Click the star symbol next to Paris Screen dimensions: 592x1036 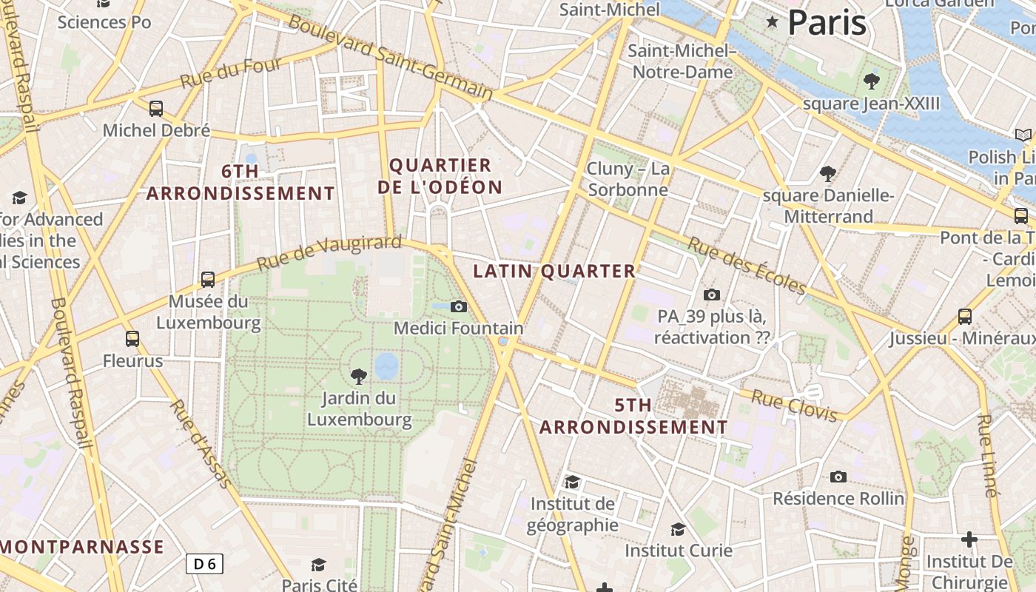pyautogui.click(x=773, y=22)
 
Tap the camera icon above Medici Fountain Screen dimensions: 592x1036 pyautogui.click(x=459, y=306)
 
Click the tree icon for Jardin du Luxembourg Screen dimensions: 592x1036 pyautogui.click(x=359, y=376)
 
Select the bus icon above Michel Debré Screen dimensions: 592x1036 pyautogui.click(x=155, y=109)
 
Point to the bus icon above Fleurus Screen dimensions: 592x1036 pyautogui.click(x=132, y=339)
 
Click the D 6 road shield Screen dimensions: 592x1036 pyautogui.click(x=204, y=564)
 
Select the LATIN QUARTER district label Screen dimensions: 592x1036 pyautogui.click(x=554, y=272)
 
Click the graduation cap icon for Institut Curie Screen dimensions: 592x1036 pyautogui.click(x=678, y=529)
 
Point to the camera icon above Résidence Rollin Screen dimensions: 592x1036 pyautogui.click(x=838, y=477)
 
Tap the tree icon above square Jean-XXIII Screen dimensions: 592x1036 pyautogui.click(x=871, y=81)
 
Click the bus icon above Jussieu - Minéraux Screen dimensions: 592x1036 pyautogui.click(x=965, y=317)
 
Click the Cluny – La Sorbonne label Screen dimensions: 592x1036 pyautogui.click(x=628, y=179)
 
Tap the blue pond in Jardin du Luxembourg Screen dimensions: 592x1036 pyautogui.click(x=386, y=365)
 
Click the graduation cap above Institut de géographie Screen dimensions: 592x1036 pyautogui.click(x=572, y=482)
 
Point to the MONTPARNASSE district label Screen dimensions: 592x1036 pyautogui.click(x=82, y=548)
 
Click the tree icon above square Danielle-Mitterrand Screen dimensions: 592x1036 pyautogui.click(x=828, y=174)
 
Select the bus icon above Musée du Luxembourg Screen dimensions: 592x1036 pyautogui.click(x=208, y=280)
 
